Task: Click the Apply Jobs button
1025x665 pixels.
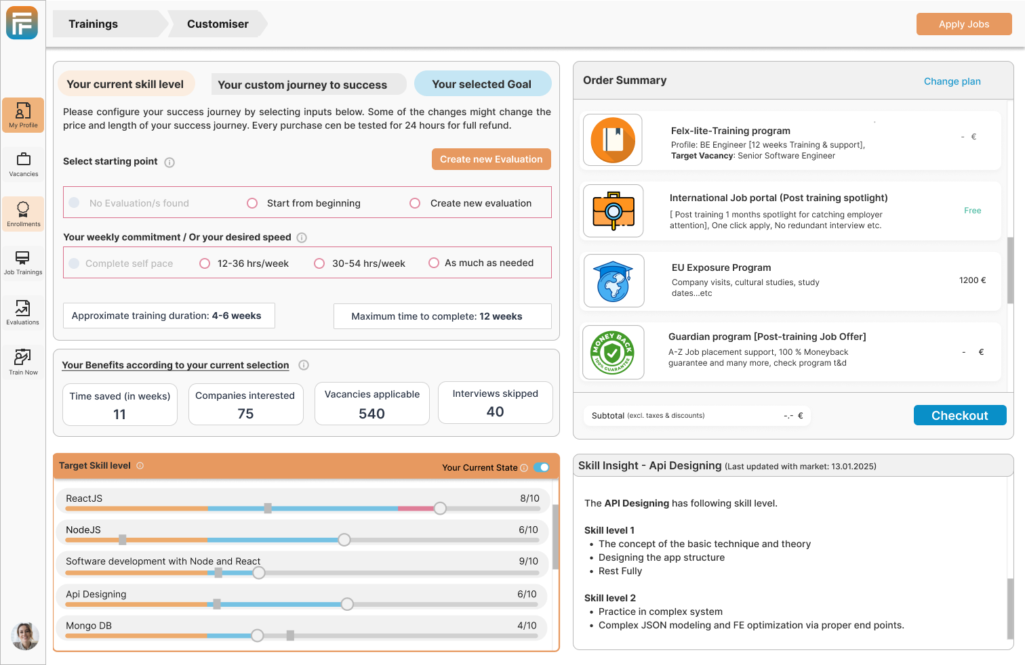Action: pos(963,24)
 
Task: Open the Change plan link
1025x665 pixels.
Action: pos(952,81)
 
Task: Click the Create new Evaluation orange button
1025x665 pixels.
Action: pos(491,159)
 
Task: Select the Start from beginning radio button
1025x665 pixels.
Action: pos(252,203)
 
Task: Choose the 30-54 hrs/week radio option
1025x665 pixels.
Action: pos(319,263)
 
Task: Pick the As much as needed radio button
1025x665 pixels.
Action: pos(434,263)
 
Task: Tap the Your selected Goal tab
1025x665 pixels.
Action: pos(482,84)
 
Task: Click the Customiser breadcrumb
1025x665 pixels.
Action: pos(218,24)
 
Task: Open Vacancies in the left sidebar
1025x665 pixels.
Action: pos(23,165)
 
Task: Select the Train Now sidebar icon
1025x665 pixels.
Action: pos(23,362)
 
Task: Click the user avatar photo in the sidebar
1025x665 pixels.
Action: pos(25,636)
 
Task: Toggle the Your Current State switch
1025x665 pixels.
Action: pos(542,467)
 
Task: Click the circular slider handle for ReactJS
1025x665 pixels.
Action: pos(440,508)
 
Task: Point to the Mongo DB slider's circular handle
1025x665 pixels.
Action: pos(258,635)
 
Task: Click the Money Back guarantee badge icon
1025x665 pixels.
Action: pos(612,352)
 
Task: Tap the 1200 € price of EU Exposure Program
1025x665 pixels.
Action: pos(972,280)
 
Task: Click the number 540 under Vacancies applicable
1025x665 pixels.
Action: pos(371,414)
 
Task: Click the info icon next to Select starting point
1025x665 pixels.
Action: pos(169,163)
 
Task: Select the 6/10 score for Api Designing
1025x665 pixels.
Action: pos(527,594)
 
